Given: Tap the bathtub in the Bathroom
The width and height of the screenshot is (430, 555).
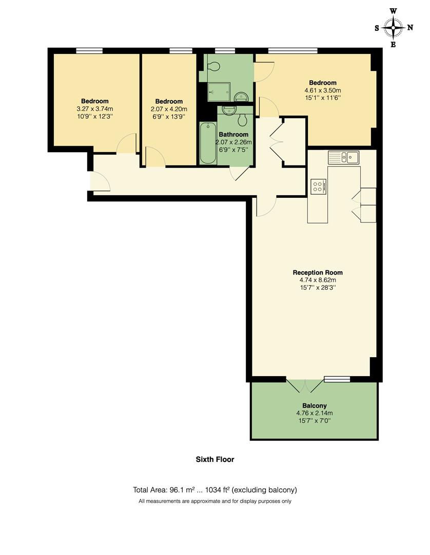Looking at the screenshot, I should [x=208, y=143].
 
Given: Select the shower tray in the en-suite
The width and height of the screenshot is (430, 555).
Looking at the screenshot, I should [x=219, y=91].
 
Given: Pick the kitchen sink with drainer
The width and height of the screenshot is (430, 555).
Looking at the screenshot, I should [x=344, y=157].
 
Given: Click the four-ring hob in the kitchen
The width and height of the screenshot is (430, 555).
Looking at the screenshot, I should [x=318, y=186].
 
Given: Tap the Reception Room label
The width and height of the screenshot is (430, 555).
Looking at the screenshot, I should [x=318, y=272].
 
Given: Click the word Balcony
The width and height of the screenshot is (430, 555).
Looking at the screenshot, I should [x=315, y=405].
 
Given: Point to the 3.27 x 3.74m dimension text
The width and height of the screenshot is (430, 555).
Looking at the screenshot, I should [x=94, y=108].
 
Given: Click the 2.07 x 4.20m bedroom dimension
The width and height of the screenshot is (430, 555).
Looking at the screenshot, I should [x=169, y=109].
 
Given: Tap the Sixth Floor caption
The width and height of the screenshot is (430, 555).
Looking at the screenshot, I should [x=214, y=459].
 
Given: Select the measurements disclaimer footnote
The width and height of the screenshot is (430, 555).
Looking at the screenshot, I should [x=214, y=501].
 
